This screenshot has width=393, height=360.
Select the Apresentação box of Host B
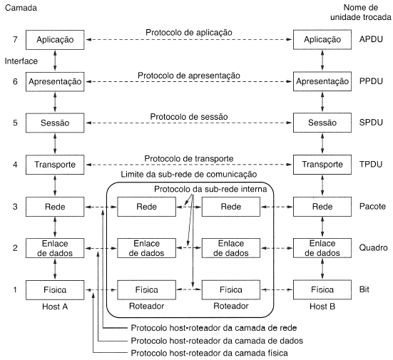[x=322, y=82]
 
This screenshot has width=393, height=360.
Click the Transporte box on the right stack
[x=322, y=165]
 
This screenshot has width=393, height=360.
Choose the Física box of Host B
[x=322, y=290]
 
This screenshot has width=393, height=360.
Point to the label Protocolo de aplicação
[x=183, y=33]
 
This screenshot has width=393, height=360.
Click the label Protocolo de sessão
[x=183, y=116]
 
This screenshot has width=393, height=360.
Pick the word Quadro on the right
[x=373, y=248]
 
